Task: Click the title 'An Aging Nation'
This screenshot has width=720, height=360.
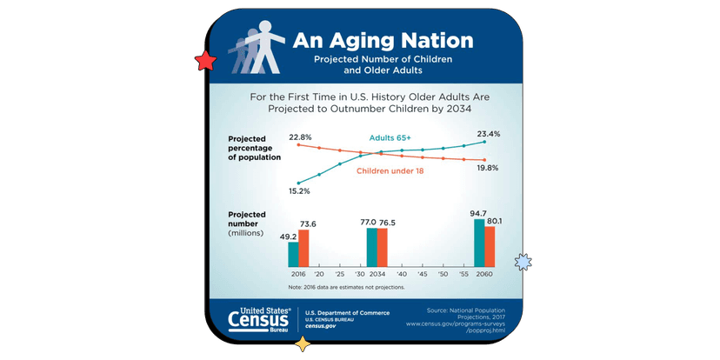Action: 383,41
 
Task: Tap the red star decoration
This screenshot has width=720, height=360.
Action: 206,62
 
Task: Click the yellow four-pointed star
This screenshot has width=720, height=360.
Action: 303,343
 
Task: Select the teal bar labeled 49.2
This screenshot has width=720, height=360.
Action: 293,254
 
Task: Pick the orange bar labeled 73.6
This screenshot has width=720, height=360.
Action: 303,248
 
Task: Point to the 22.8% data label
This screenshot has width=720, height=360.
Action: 300,137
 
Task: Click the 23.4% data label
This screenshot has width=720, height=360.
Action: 488,134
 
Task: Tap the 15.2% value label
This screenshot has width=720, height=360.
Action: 299,190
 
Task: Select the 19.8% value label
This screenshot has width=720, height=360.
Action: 487,168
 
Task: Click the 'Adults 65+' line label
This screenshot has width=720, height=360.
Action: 390,138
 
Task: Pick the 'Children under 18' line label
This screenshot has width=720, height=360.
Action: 390,170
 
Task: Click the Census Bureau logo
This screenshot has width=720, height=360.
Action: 258,320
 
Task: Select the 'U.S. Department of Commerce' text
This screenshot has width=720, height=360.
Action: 347,313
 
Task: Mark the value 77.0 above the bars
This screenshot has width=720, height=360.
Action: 368,223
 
